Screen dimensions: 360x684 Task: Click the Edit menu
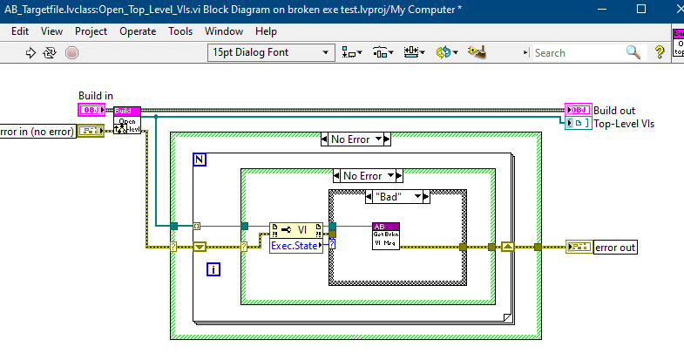pyautogui.click(x=20, y=31)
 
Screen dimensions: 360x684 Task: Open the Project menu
pyautogui.click(x=91, y=31)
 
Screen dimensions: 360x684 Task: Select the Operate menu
pyautogui.click(x=138, y=31)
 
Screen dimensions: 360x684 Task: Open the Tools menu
pyautogui.click(x=180, y=31)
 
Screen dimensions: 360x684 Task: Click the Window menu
pyautogui.click(x=224, y=31)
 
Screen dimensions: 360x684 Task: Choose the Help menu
pyautogui.click(x=266, y=31)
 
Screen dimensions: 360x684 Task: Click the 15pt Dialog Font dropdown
pyautogui.click(x=270, y=52)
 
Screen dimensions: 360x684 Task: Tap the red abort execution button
pyautogui.click(x=71, y=52)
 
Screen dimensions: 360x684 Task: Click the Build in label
pyautogui.click(x=96, y=96)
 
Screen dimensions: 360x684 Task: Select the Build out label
pyautogui.click(x=614, y=111)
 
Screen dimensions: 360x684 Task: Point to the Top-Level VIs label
pyautogui.click(x=624, y=124)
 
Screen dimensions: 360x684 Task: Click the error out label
pyautogui.click(x=615, y=248)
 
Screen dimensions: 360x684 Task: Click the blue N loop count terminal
pyautogui.click(x=200, y=161)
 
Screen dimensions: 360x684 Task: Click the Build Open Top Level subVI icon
pyautogui.click(x=127, y=120)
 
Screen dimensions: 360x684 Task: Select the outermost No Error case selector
pyautogui.click(x=356, y=139)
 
